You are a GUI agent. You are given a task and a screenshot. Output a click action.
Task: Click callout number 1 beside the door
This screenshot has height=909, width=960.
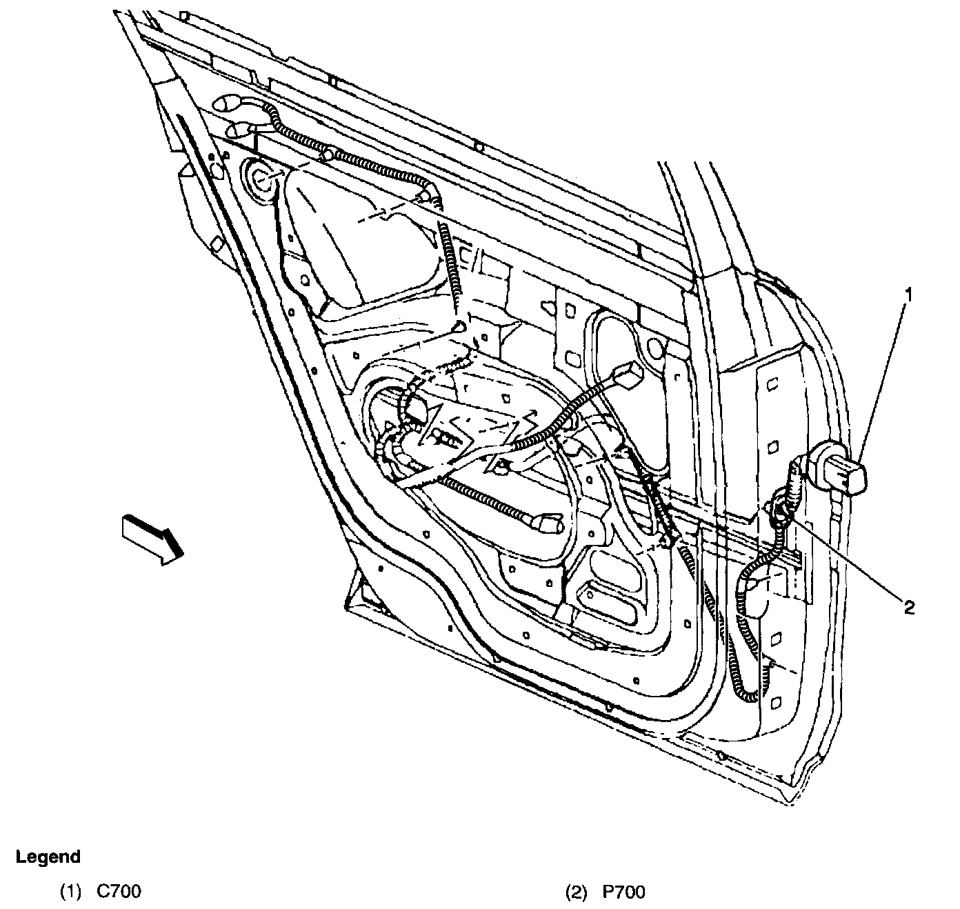coord(908,296)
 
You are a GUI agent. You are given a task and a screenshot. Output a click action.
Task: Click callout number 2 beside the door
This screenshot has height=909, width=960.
coord(908,607)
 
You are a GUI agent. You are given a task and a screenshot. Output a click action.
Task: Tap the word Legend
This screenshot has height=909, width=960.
coord(48,857)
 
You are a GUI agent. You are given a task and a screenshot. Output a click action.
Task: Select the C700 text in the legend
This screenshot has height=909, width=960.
coord(119,892)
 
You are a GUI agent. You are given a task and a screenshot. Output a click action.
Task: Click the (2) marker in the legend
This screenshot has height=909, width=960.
coord(574,892)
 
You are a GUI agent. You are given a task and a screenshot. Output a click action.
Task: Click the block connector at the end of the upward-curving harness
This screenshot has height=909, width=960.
coord(626,375)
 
